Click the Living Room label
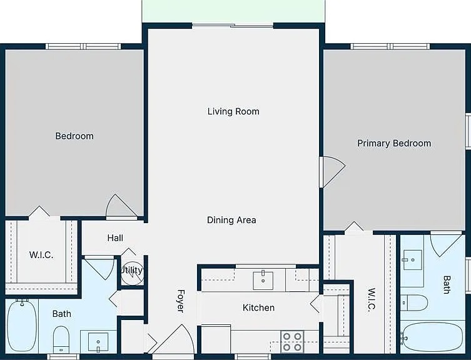[233, 111]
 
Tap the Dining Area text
[231, 220]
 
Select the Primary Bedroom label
[394, 143]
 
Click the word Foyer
[180, 301]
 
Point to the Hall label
[115, 238]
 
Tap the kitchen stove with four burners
[291, 341]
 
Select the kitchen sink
[263, 280]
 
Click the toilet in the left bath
[61, 340]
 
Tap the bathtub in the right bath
[432, 338]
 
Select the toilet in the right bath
[414, 303]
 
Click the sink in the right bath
[412, 257]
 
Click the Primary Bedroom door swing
[332, 171]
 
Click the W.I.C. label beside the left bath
[41, 255]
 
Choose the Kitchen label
[258, 307]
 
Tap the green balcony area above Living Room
[233, 11]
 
